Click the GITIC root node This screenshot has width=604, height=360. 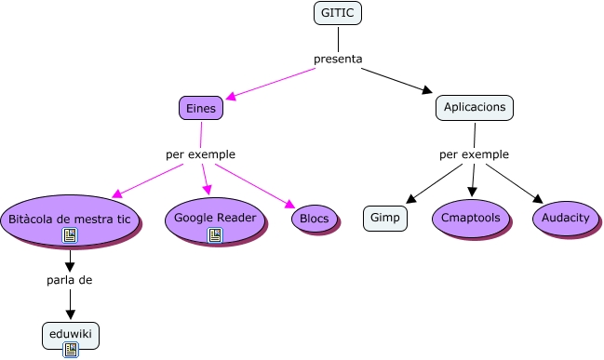tap(338, 13)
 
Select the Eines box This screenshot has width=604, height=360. tap(200, 108)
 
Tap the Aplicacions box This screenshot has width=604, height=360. tap(475, 108)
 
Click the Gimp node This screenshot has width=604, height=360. tap(384, 218)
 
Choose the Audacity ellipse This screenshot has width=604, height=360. tap(565, 218)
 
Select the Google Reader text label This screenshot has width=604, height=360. tap(215, 217)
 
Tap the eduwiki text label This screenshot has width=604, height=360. tap(70, 331)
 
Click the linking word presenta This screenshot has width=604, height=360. tap(338, 60)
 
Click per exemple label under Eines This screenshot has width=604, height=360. tap(200, 154)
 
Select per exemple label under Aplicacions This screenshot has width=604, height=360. tap(474, 154)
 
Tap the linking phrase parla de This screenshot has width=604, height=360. tap(70, 279)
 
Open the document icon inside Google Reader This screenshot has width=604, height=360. tap(215, 234)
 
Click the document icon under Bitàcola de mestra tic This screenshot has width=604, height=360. tap(70, 236)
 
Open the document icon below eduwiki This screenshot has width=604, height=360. tap(70, 350)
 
